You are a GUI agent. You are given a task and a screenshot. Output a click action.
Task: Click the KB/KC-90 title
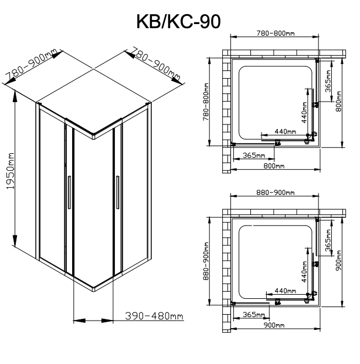pyautogui.click(x=178, y=22)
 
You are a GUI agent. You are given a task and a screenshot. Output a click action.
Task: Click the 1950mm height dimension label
pyautogui.click(x=10, y=171)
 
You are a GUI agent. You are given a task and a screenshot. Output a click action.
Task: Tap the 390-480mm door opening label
pyautogui.click(x=154, y=316)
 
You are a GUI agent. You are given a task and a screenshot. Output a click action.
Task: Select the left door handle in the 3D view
pyautogui.click(x=69, y=193)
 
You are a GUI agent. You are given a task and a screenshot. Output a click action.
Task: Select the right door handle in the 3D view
pyautogui.click(x=118, y=193)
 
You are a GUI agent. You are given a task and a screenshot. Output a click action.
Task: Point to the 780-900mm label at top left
pyautogui.click(x=31, y=63)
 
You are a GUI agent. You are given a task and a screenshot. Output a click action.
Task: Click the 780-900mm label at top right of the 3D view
pyautogui.click(x=156, y=63)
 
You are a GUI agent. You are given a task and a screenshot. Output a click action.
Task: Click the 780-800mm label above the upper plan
pyautogui.click(x=276, y=33)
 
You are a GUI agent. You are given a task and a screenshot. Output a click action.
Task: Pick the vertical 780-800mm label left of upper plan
pyautogui.click(x=206, y=102)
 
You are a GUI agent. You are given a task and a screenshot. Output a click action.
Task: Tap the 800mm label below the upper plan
pyautogui.click(x=274, y=166)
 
